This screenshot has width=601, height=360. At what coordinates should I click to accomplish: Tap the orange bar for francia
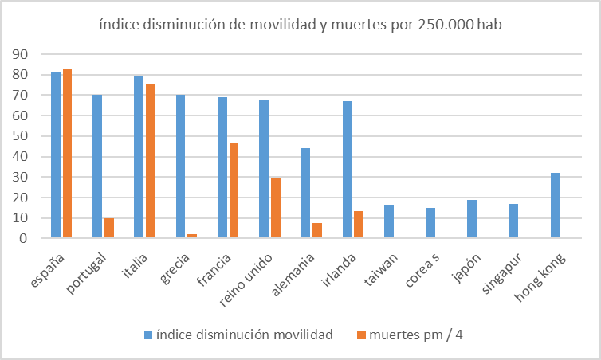[x=234, y=190]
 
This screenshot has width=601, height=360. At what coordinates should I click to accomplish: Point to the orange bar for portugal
[x=109, y=228]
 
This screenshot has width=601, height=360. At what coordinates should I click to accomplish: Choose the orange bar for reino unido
[x=276, y=208]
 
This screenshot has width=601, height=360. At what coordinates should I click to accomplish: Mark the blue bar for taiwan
[x=388, y=221]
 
